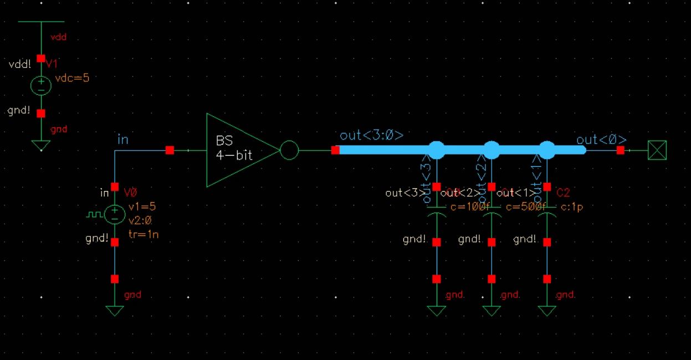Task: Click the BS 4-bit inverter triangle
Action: click(x=236, y=150)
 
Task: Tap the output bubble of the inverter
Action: click(x=289, y=150)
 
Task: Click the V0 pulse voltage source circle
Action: click(x=115, y=214)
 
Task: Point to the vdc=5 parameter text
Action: click(x=72, y=78)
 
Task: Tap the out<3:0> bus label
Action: click(x=371, y=136)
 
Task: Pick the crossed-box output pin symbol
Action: click(x=657, y=150)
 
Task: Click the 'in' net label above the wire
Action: click(x=122, y=140)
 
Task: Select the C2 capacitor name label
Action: click(x=563, y=193)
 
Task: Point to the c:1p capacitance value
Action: click(x=571, y=207)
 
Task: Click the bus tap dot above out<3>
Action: click(x=437, y=150)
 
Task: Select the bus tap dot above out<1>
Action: click(x=547, y=150)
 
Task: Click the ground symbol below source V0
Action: click(x=115, y=311)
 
